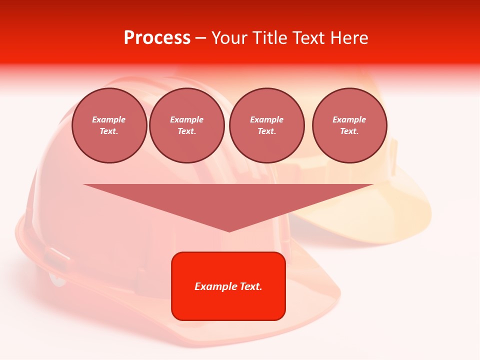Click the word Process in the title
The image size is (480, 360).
tap(157, 38)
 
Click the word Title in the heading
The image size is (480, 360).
tap(268, 38)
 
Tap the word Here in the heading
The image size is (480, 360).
tap(348, 38)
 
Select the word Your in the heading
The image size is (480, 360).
tap(228, 38)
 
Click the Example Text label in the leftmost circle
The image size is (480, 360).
tap(109, 125)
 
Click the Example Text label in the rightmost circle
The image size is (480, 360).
tap(349, 125)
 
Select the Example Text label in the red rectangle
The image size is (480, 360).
tap(228, 286)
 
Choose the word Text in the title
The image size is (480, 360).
tap(308, 38)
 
